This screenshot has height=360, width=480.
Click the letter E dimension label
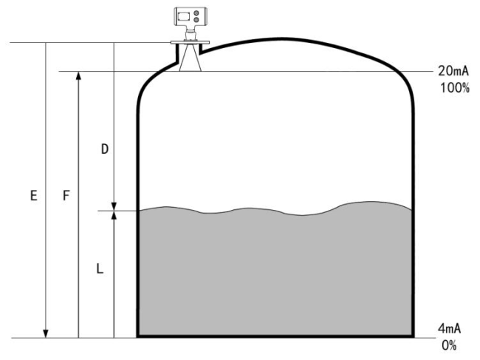[34, 195]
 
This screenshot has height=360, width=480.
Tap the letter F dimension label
[66, 195]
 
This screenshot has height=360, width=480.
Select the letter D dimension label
[105, 149]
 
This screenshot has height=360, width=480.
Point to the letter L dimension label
[100, 269]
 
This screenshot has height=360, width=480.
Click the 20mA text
[453, 71]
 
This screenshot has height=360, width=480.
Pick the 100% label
[455, 88]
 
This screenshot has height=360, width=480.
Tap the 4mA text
[450, 328]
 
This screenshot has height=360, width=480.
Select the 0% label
[449, 346]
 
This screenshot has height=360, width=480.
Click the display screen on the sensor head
[184, 16]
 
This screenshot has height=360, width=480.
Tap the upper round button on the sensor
[196, 13]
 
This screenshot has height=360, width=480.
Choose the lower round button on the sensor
[196, 20]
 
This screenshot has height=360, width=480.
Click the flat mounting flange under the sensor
[190, 42]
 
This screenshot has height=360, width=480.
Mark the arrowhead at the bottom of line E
[46, 333]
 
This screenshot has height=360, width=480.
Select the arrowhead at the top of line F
[79, 76]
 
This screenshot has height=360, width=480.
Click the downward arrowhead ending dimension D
[114, 206]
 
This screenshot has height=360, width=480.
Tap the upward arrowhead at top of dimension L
[114, 215]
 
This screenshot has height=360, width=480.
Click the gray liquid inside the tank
[275, 273]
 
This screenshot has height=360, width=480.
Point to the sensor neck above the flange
[190, 33]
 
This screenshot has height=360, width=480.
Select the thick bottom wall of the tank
[275, 336]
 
